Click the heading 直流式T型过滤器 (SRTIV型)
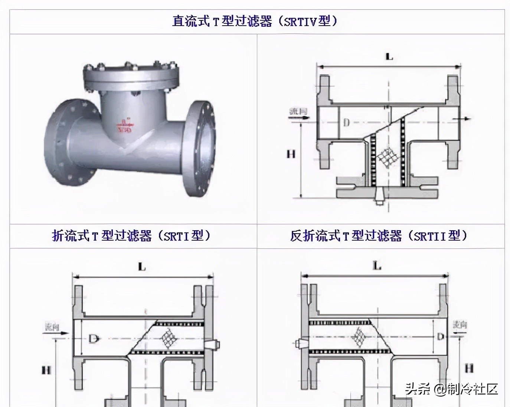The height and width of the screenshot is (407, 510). (255, 21)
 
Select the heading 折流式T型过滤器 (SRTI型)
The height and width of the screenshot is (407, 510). (131, 236)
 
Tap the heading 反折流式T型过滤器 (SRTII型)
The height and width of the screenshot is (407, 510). (379, 236)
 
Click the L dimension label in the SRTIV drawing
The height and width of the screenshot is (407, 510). (389, 57)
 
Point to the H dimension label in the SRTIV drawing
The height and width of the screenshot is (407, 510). (291, 153)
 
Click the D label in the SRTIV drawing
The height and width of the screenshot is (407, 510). (346, 122)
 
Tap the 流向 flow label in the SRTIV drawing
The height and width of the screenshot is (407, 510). (298, 111)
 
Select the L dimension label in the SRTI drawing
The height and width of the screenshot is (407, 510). (142, 266)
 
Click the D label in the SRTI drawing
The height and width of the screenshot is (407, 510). (93, 338)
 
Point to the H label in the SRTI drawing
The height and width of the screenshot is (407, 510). (46, 370)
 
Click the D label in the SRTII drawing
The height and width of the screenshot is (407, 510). (440, 337)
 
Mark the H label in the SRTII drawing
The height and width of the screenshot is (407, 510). (469, 368)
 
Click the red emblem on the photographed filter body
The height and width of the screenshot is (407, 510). (124, 126)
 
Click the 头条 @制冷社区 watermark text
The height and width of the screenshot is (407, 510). (451, 389)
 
